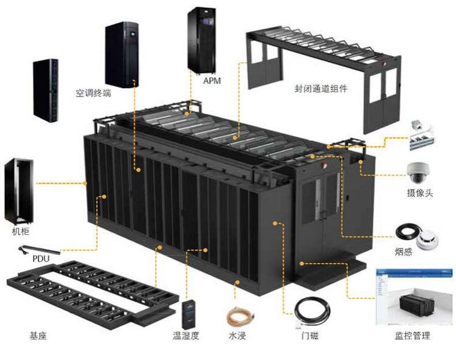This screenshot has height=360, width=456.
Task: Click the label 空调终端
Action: (93, 93)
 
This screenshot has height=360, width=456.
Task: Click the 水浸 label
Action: (238, 335)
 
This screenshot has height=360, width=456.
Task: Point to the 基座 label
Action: (38, 335)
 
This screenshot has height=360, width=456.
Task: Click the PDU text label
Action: (41, 259)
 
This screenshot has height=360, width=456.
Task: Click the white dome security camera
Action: (419, 173)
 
